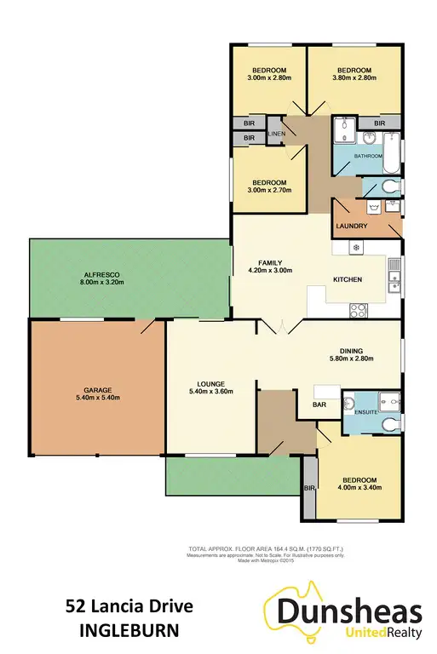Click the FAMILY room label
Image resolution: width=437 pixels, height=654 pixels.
[x=270, y=262]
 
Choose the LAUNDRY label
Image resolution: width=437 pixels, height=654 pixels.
[x=351, y=226]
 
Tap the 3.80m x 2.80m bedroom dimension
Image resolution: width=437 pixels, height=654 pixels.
[x=354, y=78]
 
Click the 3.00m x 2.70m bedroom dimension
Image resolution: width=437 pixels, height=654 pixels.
[x=268, y=190]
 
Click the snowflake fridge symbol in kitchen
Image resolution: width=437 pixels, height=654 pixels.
[x=358, y=248]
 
